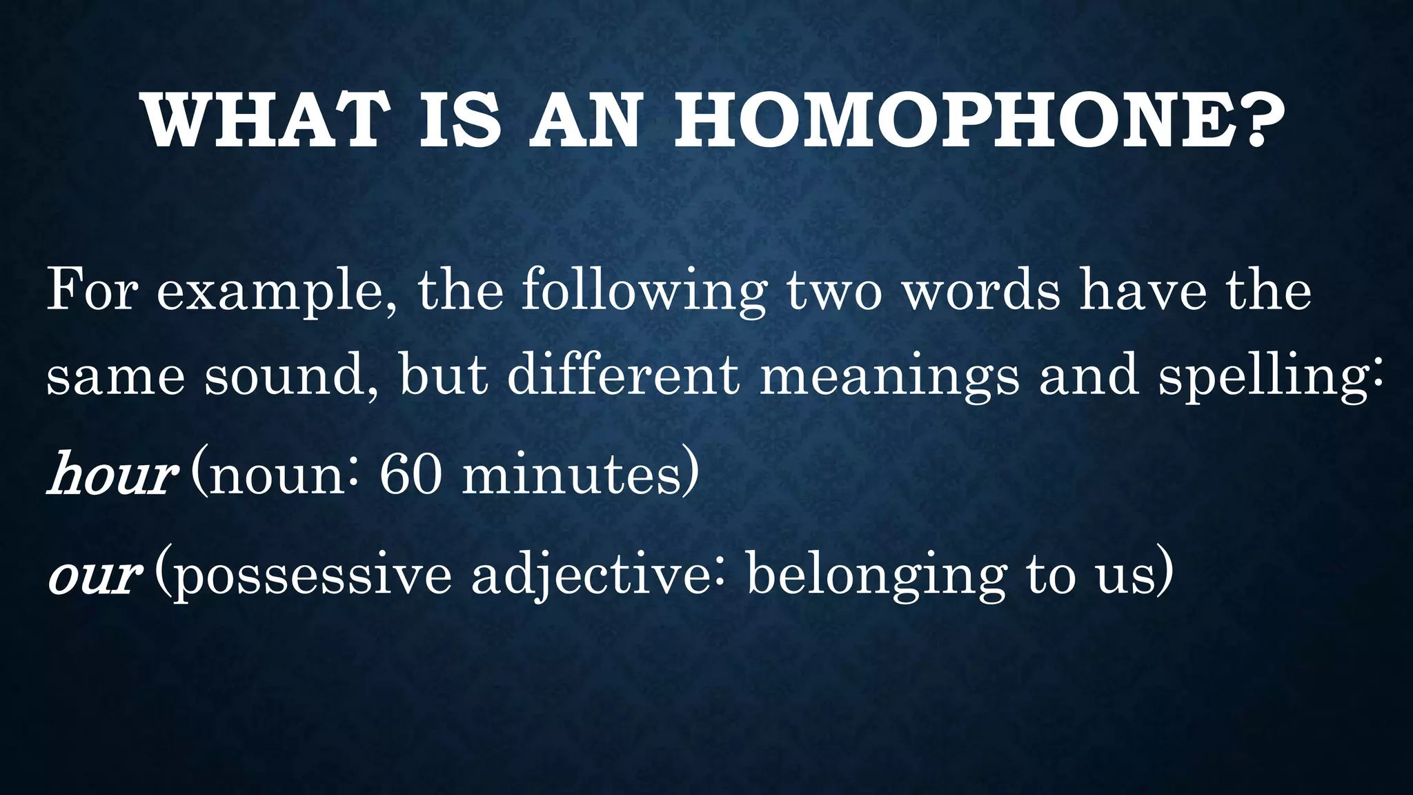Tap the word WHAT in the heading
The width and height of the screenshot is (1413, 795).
coord(263,122)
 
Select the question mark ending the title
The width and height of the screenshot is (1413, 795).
coord(1245,122)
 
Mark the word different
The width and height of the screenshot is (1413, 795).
coord(623,374)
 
